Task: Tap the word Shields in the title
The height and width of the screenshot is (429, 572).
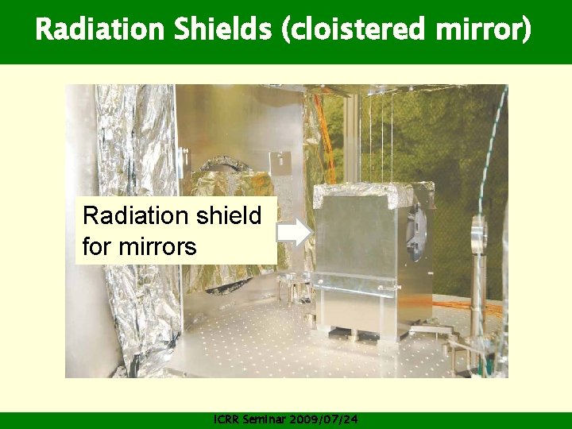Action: pos(202,30)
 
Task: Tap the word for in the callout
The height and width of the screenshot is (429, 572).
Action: pos(97,246)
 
